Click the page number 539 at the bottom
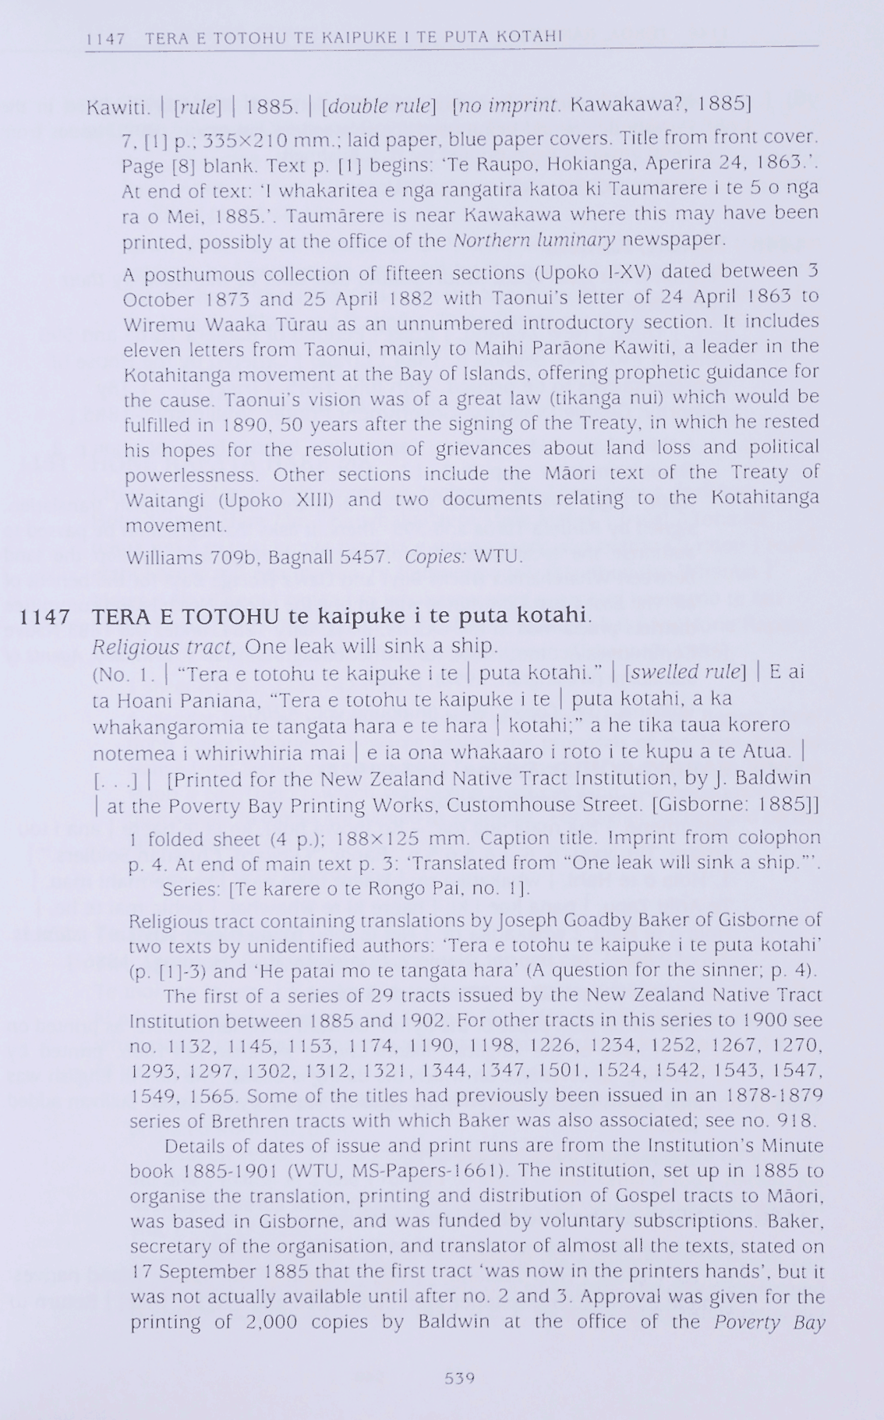tap(459, 1378)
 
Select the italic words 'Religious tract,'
tap(164, 646)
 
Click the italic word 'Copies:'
tap(435, 557)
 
